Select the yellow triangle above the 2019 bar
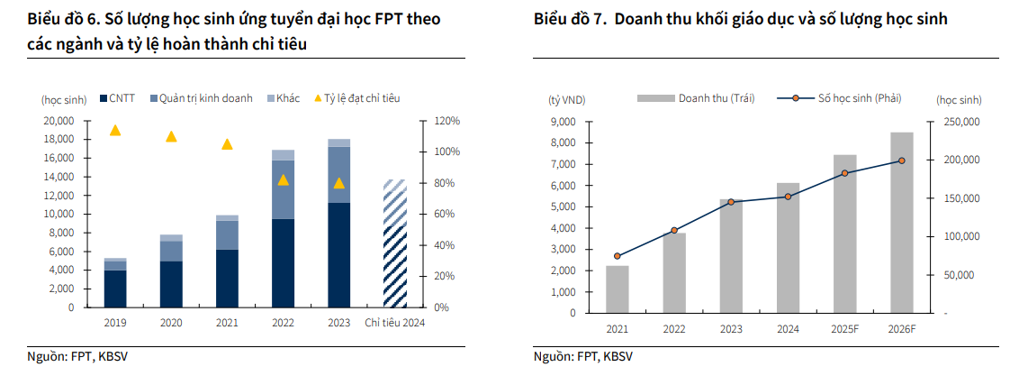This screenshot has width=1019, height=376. pyautogui.click(x=115, y=131)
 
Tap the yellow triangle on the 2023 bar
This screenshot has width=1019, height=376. pyautogui.click(x=338, y=183)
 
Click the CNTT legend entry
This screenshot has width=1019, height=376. pyautogui.click(x=118, y=98)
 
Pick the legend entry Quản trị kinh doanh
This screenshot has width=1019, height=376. pyautogui.click(x=201, y=98)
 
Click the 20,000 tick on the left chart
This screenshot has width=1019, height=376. pyautogui.click(x=59, y=121)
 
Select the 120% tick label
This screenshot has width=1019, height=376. pyautogui.click(x=447, y=121)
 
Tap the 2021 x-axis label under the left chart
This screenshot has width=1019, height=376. pyautogui.click(x=227, y=322)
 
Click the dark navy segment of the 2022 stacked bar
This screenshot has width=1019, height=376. pyautogui.click(x=283, y=262)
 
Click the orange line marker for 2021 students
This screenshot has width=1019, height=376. pyautogui.click(x=618, y=256)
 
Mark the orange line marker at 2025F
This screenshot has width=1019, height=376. pyautogui.click(x=845, y=173)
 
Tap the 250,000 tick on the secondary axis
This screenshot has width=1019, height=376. pyautogui.click(x=960, y=122)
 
